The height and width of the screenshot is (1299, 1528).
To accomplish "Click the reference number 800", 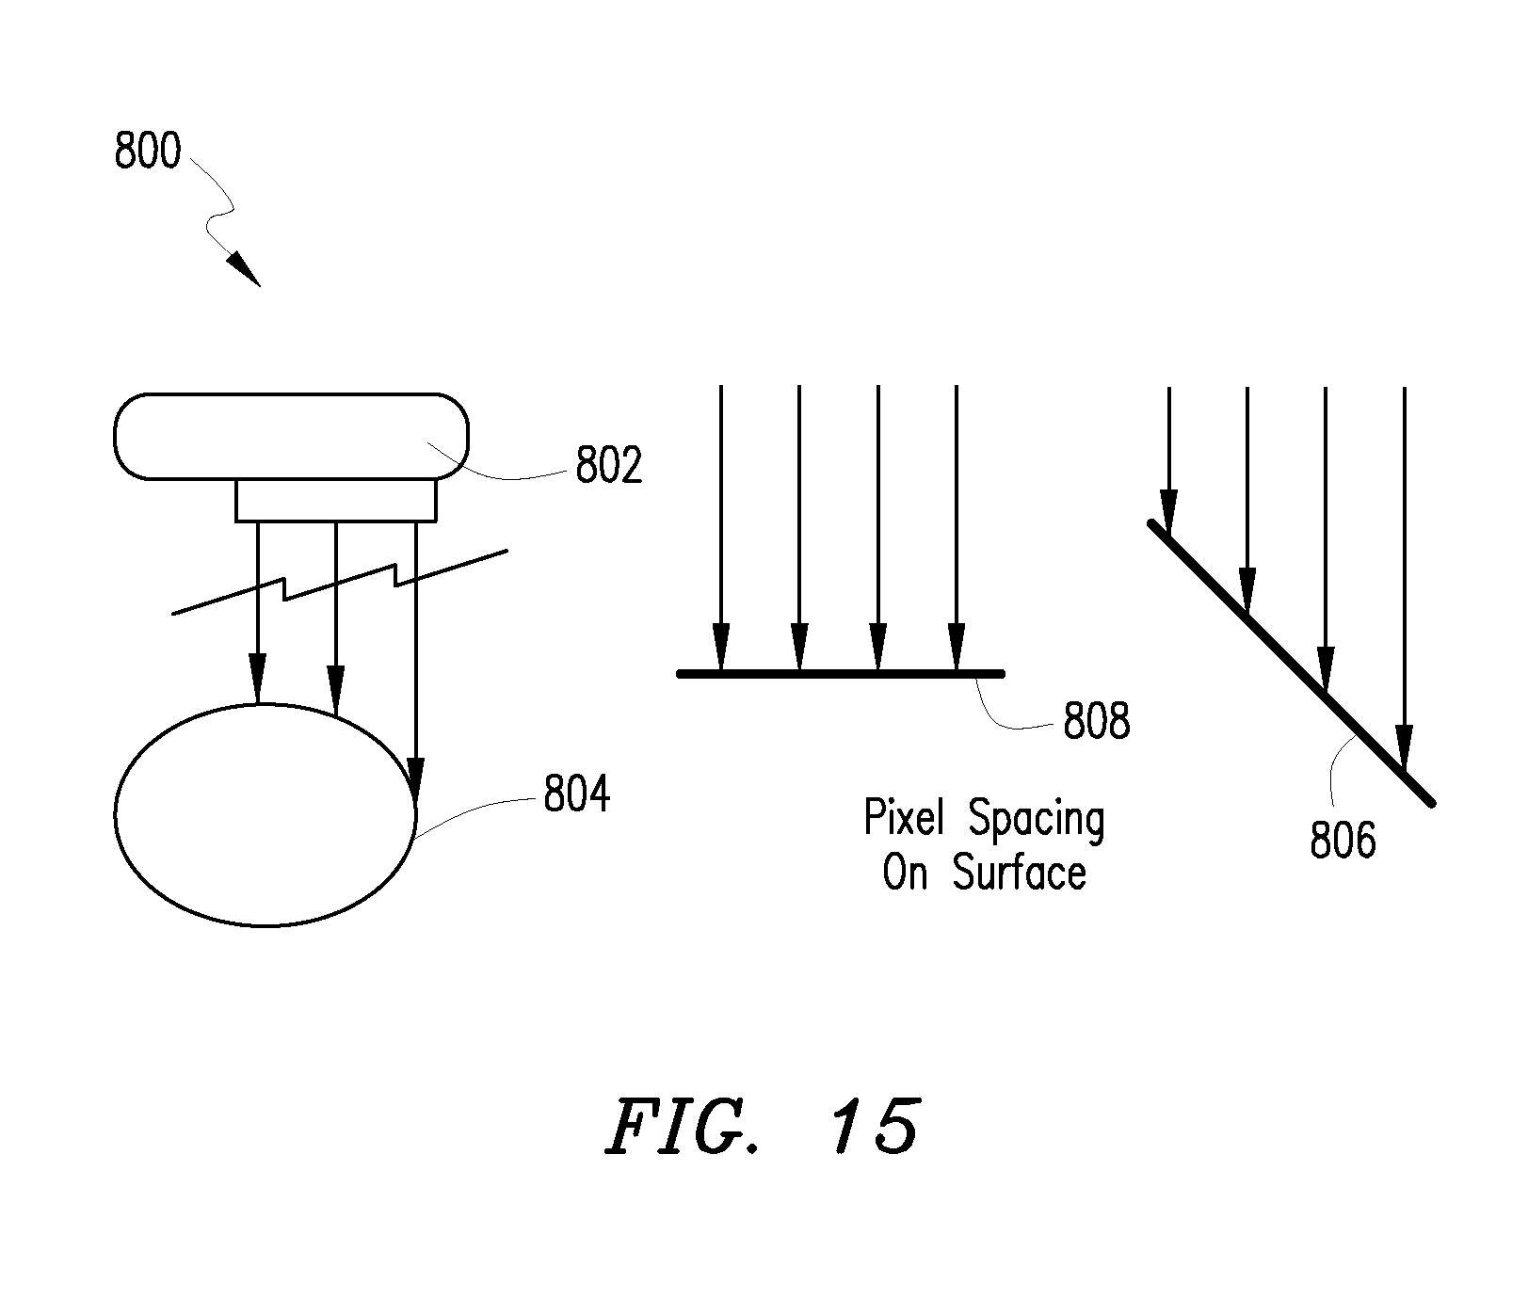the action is coord(147,151).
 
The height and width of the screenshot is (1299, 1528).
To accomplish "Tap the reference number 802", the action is coord(609,466).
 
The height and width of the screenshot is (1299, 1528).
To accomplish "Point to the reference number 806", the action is coord(1343,840).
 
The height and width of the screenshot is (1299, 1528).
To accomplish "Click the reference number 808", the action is coord(1097,722).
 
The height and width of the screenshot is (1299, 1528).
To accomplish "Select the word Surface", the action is coord(1020,873).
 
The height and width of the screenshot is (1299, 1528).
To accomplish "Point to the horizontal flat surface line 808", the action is coord(841,673).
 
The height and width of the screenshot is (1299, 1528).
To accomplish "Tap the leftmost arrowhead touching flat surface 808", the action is coord(720,649).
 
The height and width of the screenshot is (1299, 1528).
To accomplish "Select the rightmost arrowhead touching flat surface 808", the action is coord(957,649).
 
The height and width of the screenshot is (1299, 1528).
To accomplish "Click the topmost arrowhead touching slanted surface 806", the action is coord(1168,513).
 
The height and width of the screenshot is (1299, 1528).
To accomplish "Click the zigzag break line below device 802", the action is coord(340,583).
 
